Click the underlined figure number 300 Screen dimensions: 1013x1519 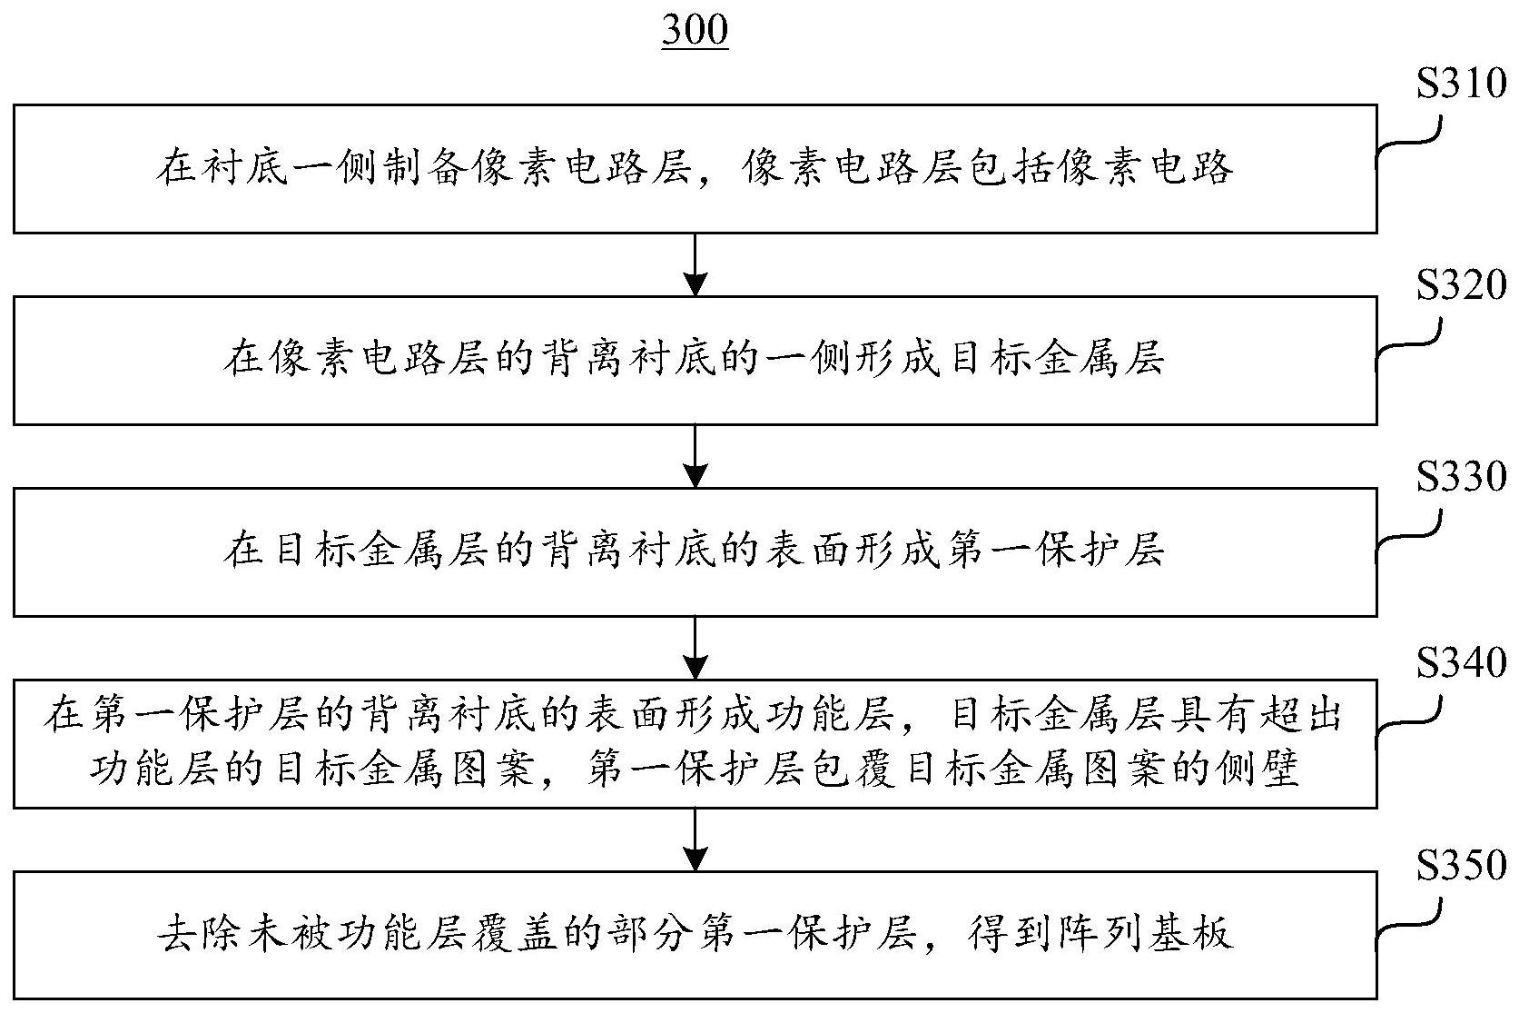coord(695,31)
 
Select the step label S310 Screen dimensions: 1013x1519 coord(1461,85)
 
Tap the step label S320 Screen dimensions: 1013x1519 coord(1461,286)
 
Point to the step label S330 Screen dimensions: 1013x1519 coord(1461,477)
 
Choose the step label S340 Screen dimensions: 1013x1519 coord(1461,664)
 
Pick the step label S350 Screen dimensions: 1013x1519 coord(1461,865)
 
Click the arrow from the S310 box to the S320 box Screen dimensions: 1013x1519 coord(695,264)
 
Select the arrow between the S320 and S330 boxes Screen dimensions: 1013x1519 coord(695,456)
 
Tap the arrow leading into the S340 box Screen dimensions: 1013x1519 coord(695,648)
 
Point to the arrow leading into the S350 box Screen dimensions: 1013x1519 coord(695,839)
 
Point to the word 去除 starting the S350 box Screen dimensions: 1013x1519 coord(200,934)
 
